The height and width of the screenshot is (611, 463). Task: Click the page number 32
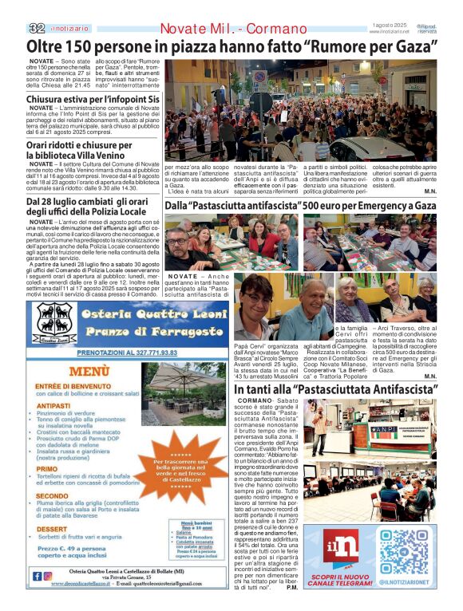pyautogui.click(x=36, y=28)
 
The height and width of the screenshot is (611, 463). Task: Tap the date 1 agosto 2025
pyautogui.click(x=390, y=26)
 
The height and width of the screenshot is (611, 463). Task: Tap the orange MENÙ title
pyautogui.click(x=89, y=372)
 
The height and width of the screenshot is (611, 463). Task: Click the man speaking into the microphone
pyautogui.click(x=320, y=424)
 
